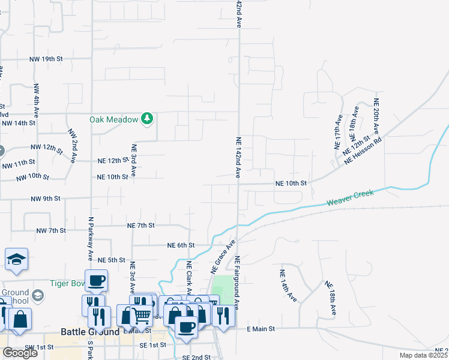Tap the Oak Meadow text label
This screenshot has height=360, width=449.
pos(115,119)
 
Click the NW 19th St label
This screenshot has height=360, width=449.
pos(48,59)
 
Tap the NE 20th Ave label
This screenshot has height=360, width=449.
pos(376,116)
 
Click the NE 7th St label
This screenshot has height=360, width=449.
pos(141,225)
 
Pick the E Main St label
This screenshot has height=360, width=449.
pos(261,329)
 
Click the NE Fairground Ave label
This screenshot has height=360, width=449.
pos(238,283)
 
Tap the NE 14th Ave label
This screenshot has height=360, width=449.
pos(288,285)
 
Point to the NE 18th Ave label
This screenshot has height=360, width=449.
pos(331,298)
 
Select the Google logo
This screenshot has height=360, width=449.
pos(20,352)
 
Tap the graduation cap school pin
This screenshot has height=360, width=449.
pos(17,260)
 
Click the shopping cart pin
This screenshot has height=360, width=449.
pos(142,314)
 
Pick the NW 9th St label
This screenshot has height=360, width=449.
pos(46,198)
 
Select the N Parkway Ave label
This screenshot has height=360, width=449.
pos(91,238)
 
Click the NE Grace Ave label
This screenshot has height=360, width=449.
pos(221,256)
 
